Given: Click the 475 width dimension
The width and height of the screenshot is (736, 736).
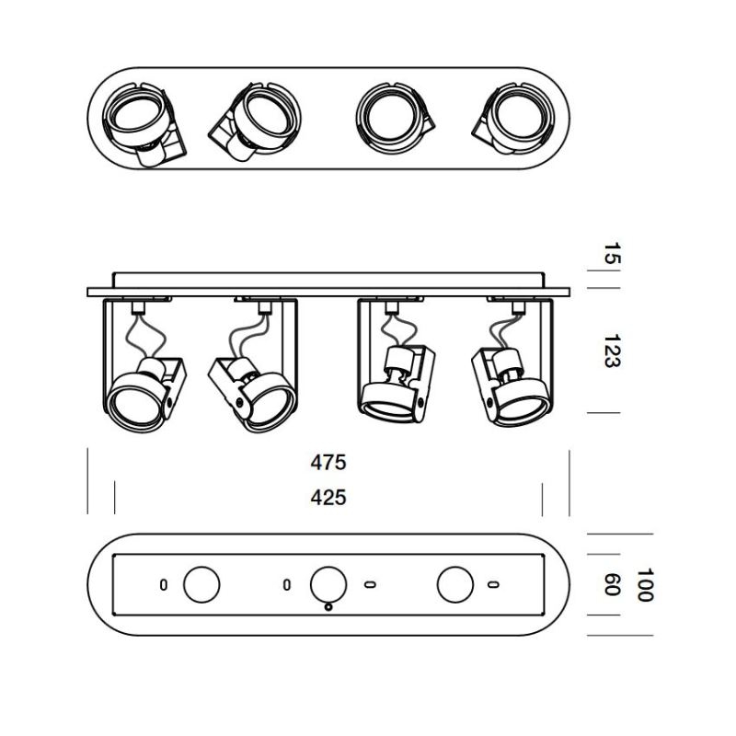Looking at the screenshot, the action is [328, 463].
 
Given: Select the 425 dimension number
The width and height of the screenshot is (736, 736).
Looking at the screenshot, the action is [328, 497].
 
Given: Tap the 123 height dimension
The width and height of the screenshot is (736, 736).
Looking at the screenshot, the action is [612, 351].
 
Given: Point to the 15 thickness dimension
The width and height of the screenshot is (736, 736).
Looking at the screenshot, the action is [612, 253].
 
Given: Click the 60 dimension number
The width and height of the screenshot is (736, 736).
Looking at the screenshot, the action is [612, 585].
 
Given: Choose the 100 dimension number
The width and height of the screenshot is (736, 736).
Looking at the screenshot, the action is [645, 585].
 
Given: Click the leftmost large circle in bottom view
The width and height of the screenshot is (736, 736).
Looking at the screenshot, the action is [201, 585].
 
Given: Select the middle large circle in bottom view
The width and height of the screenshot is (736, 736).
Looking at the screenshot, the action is [328, 585].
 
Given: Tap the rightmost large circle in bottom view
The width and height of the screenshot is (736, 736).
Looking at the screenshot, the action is [455, 585].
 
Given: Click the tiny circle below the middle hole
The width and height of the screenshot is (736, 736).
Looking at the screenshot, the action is [328, 607].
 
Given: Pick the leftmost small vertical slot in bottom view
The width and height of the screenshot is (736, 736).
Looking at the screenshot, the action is [164, 585].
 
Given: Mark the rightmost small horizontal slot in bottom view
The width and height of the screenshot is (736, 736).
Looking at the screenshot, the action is [493, 585].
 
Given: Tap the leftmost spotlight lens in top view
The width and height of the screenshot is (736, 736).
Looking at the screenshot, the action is [133, 114].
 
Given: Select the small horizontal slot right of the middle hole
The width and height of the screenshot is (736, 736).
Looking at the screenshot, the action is [370, 585].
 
